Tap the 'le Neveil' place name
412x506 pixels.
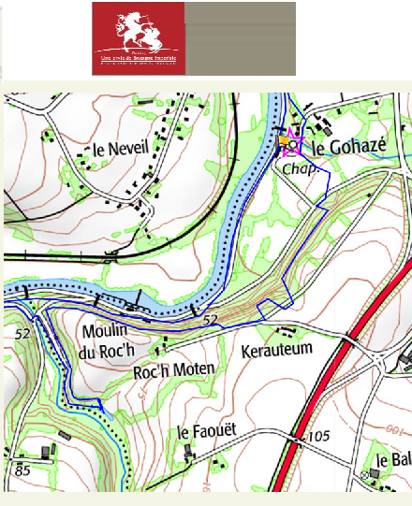tap(114, 149)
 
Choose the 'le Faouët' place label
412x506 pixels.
tap(207, 432)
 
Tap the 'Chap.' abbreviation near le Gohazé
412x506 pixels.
tap(298, 168)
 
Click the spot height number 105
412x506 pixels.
tap(319, 437)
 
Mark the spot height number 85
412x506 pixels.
tap(22, 470)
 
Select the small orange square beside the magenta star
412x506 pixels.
tap(283, 140)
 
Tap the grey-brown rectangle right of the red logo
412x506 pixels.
tap(240, 38)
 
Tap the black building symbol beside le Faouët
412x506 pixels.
tap(189, 452)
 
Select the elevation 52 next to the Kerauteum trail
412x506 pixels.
tap(210, 321)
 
